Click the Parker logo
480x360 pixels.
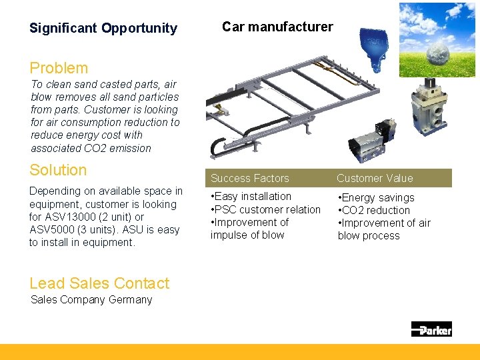coord(431,329)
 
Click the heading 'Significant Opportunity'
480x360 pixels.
coord(103,28)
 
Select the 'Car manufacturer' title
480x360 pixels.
coord(277,27)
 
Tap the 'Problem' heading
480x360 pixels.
coord(59,68)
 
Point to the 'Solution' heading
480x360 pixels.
coord(58,170)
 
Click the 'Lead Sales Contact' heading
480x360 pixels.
coord(99,283)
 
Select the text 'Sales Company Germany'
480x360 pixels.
coord(91,299)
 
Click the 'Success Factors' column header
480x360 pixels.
coord(250,178)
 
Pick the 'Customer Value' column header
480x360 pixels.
coord(375,178)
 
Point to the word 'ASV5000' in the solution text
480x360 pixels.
coord(51,229)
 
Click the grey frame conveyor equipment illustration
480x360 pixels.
coord(280,110)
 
